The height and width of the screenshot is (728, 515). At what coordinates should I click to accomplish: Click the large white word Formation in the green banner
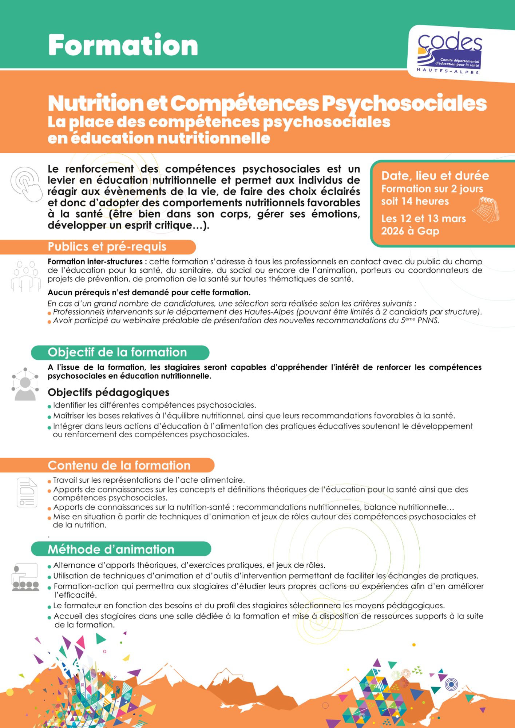tap(123, 45)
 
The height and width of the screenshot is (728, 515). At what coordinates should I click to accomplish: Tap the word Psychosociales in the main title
tap(404, 103)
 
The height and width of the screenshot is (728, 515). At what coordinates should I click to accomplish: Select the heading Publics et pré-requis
tap(107, 247)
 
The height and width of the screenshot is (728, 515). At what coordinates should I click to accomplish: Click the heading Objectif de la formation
tap(117, 352)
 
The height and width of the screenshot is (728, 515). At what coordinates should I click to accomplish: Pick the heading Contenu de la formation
tap(119, 466)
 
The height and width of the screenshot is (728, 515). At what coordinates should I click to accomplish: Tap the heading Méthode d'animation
tap(111, 549)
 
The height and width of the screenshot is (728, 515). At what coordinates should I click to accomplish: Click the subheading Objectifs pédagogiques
tap(108, 392)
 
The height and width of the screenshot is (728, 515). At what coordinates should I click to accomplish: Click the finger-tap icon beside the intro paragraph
tap(27, 184)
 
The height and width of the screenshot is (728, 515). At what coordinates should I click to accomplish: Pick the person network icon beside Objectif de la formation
tap(25, 384)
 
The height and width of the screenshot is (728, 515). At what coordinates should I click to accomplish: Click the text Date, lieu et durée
tap(435, 176)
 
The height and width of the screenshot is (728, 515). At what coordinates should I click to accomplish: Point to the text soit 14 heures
tap(415, 201)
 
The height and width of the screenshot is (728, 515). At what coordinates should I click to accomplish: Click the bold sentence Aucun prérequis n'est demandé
tap(149, 293)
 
